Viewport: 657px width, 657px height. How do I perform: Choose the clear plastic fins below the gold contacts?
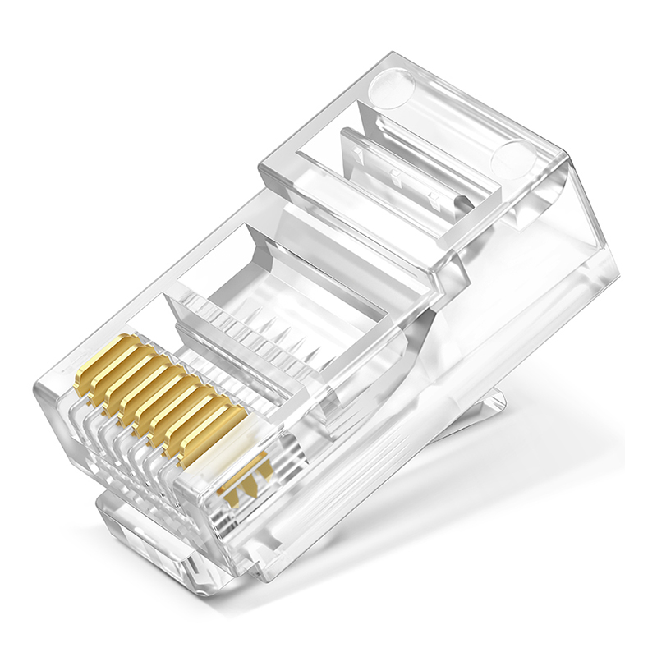(123, 443)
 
